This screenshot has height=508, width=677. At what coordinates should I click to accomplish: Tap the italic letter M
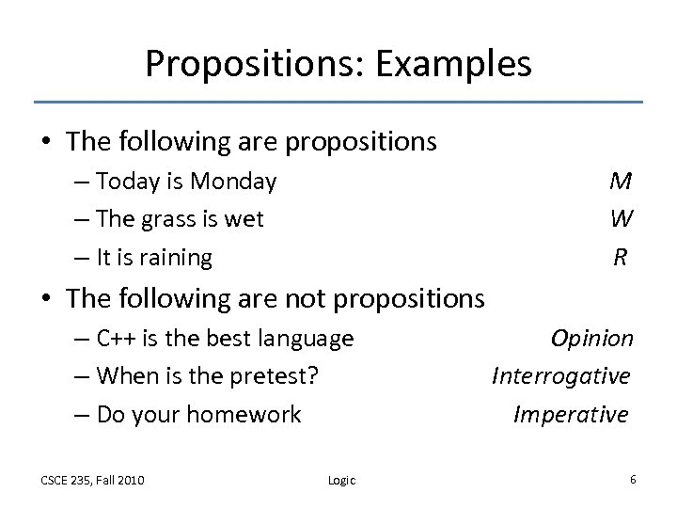(621, 181)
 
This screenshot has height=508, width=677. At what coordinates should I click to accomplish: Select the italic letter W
(621, 218)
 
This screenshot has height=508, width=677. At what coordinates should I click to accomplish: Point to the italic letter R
(621, 256)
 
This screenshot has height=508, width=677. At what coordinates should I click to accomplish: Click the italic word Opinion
(592, 339)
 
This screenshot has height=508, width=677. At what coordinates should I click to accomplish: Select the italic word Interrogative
(561, 376)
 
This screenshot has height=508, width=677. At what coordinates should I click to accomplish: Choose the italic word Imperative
(571, 414)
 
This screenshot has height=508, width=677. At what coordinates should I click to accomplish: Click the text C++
(117, 339)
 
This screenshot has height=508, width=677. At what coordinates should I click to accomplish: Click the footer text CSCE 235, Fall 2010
(92, 481)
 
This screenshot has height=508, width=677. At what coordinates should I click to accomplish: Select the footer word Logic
(341, 481)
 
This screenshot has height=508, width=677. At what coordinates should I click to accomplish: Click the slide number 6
(633, 480)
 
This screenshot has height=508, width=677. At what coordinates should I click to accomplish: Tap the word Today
(130, 181)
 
